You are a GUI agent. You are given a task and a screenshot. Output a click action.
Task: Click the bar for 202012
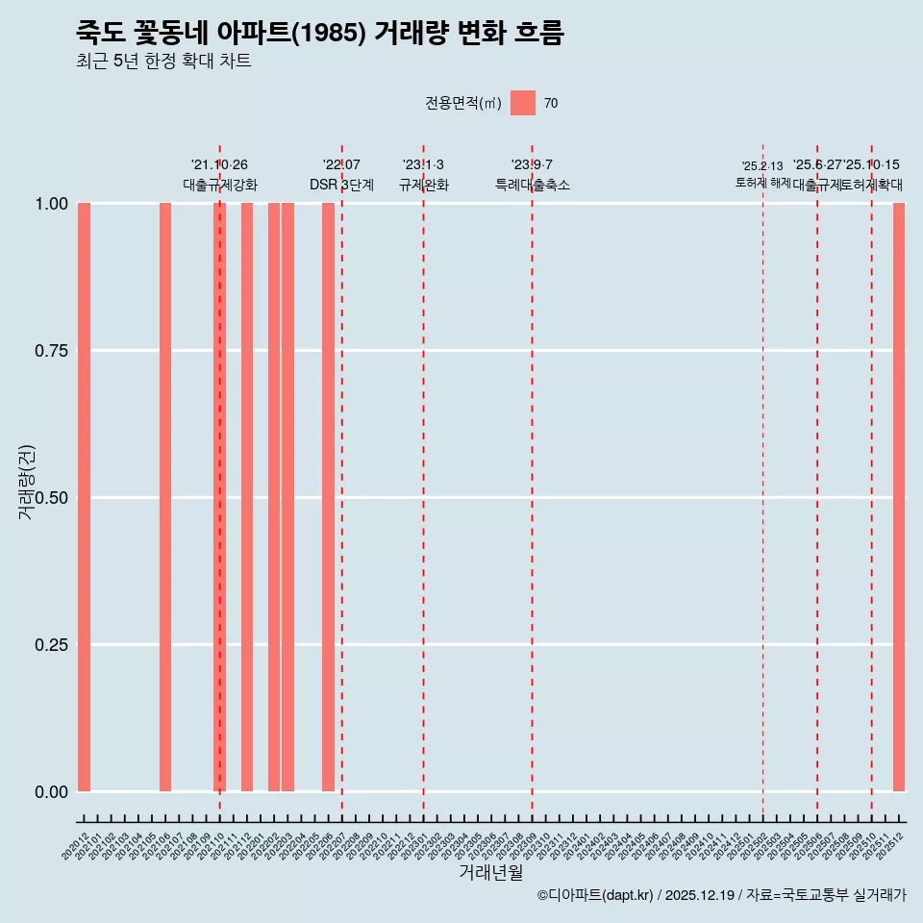84,497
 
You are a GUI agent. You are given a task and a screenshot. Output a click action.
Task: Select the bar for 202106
165,497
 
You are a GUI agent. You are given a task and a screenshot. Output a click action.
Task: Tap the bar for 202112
247,497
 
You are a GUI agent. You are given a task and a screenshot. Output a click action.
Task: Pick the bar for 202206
328,497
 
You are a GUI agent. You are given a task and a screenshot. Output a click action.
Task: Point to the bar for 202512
899,497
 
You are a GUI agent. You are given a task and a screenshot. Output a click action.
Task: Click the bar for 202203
287,497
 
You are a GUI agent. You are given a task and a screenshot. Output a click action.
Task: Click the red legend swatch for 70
523,103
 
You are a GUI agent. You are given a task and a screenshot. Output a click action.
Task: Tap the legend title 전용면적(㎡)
463,104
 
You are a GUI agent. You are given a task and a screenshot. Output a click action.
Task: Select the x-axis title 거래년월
491,872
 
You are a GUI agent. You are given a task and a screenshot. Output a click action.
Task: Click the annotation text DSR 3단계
341,185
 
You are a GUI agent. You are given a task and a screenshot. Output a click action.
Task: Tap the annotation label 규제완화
424,185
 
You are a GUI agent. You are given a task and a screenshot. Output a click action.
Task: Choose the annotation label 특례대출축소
533,185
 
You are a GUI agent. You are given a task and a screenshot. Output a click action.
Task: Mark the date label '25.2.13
762,166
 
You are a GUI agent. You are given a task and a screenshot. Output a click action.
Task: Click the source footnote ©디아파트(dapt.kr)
596,895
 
